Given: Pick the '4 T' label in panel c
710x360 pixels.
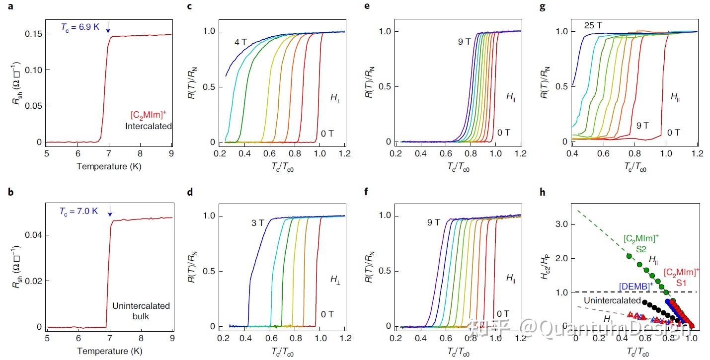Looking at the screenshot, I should pyautogui.click(x=241, y=43).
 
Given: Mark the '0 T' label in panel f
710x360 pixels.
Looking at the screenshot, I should pyautogui.click(x=503, y=313).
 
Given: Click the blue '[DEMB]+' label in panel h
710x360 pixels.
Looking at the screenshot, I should pyautogui.click(x=636, y=287).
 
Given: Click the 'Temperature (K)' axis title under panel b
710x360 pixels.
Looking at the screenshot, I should pyautogui.click(x=109, y=351).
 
